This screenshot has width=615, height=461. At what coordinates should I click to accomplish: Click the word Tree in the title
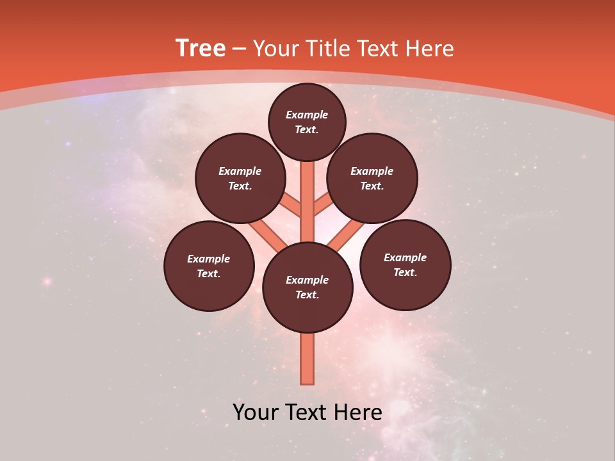[201, 48]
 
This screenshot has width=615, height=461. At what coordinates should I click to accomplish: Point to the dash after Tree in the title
[239, 49]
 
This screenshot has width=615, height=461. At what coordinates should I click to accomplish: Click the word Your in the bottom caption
[257, 412]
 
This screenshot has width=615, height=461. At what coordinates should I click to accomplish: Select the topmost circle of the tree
[307, 122]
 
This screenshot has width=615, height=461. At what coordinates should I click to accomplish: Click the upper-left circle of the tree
[240, 178]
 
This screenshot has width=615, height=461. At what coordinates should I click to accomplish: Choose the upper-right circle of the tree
[372, 178]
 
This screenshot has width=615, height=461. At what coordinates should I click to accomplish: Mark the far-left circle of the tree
[209, 266]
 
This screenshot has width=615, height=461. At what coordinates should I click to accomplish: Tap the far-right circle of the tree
[405, 264]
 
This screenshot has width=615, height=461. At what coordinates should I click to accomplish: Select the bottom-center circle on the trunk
[307, 287]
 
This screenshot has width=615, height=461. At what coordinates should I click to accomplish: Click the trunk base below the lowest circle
[307, 359]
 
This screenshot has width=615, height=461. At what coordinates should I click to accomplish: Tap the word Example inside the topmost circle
[307, 115]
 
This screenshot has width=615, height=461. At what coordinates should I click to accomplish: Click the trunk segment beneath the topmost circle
[307, 192]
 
